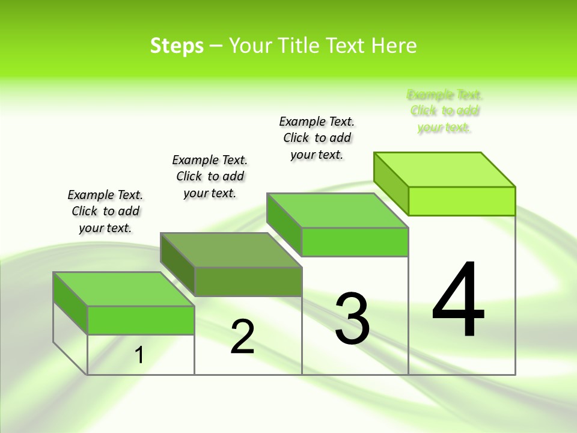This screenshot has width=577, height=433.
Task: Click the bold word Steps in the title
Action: pyautogui.click(x=177, y=46)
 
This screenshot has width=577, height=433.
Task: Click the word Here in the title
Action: pyautogui.click(x=394, y=46)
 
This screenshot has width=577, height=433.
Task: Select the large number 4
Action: pyautogui.click(x=458, y=301)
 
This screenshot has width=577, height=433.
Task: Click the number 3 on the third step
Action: pyautogui.click(x=352, y=319)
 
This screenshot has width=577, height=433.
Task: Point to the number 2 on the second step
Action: pyautogui.click(x=242, y=337)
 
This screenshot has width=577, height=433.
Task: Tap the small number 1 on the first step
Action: pyautogui.click(x=139, y=355)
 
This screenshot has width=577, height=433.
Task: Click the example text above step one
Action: pyautogui.click(x=105, y=211)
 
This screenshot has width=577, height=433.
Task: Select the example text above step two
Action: pyautogui.click(x=210, y=176)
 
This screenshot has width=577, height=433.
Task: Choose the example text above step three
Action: pyautogui.click(x=317, y=138)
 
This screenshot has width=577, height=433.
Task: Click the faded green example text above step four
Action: pyautogui.click(x=445, y=111)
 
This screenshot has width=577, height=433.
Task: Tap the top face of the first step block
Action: pyautogui.click(x=123, y=289)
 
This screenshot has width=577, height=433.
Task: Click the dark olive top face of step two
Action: pyautogui.click(x=231, y=250)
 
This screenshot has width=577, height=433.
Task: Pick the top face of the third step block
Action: pyautogui.click(x=337, y=210)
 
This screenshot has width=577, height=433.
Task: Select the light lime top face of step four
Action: pyautogui.click(x=445, y=170)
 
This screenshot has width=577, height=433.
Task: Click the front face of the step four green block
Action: pyautogui.click(x=462, y=201)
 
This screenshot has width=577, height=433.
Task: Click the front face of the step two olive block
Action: pyautogui.click(x=248, y=281)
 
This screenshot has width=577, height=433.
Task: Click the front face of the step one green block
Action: pyautogui.click(x=141, y=320)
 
